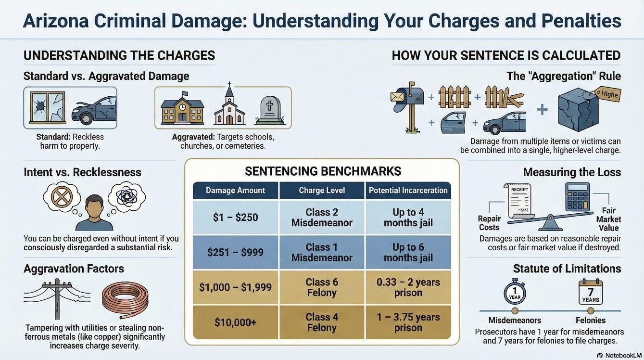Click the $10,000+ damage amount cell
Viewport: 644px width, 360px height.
pyautogui.click(x=235, y=322)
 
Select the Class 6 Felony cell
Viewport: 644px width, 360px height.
pyautogui.click(x=322, y=287)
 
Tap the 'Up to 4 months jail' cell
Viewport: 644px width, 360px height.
pyautogui.click(x=408, y=217)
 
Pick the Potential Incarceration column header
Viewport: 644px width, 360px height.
pyautogui.click(x=408, y=190)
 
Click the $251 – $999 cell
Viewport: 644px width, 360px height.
pyautogui.click(x=235, y=252)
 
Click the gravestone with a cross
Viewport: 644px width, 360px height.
pyautogui.click(x=270, y=110)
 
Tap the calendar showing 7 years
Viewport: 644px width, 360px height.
pyautogui.click(x=591, y=293)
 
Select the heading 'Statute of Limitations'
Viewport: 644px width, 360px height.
pyautogui.click(x=567, y=268)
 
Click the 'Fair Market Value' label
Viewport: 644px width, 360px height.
pyautogui.click(x=608, y=219)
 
